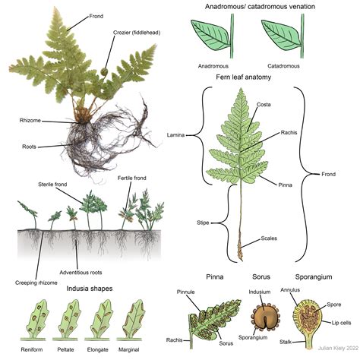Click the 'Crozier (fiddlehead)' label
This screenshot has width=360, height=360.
[137, 33]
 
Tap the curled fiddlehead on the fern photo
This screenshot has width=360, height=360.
[104, 71]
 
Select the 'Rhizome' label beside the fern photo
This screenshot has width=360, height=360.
[30, 121]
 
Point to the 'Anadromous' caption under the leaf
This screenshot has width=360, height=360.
[213, 66]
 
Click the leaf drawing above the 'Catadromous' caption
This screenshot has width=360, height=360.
[281, 35]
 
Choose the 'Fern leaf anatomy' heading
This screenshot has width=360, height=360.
[244, 77]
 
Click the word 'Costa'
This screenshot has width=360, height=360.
[264, 105]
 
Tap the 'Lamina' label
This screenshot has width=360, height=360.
[175, 135]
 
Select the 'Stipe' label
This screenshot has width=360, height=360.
[203, 223]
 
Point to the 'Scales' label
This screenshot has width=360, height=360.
[269, 238]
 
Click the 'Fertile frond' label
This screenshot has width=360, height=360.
[132, 178]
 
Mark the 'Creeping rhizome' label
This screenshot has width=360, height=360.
[36, 283]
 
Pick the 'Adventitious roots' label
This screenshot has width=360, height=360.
[81, 273]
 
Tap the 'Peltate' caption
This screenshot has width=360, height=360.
[65, 350]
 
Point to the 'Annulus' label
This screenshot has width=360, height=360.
[290, 290]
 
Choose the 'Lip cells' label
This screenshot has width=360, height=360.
[341, 323]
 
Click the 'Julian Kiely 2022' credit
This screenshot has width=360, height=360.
[338, 349]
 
